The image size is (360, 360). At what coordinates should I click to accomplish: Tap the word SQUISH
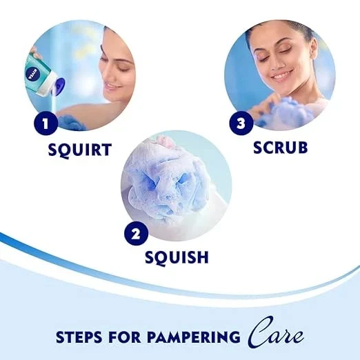(x=177, y=257)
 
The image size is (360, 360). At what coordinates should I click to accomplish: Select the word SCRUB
(x=279, y=147)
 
